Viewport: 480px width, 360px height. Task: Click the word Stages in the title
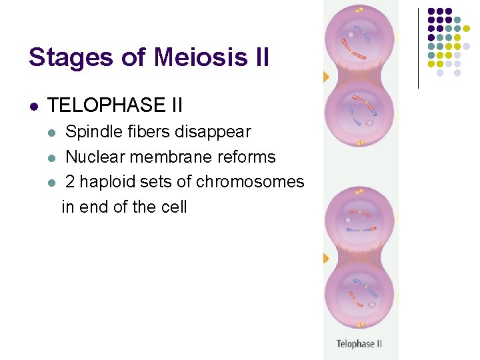point(61,57)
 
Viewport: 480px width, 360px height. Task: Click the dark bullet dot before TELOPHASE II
point(33,106)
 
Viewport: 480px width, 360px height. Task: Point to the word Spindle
point(93,132)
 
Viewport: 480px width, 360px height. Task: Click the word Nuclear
point(95,157)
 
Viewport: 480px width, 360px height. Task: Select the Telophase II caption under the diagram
point(359,344)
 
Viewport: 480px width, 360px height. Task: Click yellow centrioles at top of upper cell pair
point(360,10)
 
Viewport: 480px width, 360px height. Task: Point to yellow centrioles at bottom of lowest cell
point(360,325)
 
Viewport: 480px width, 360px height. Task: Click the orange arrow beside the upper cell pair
point(326,77)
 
